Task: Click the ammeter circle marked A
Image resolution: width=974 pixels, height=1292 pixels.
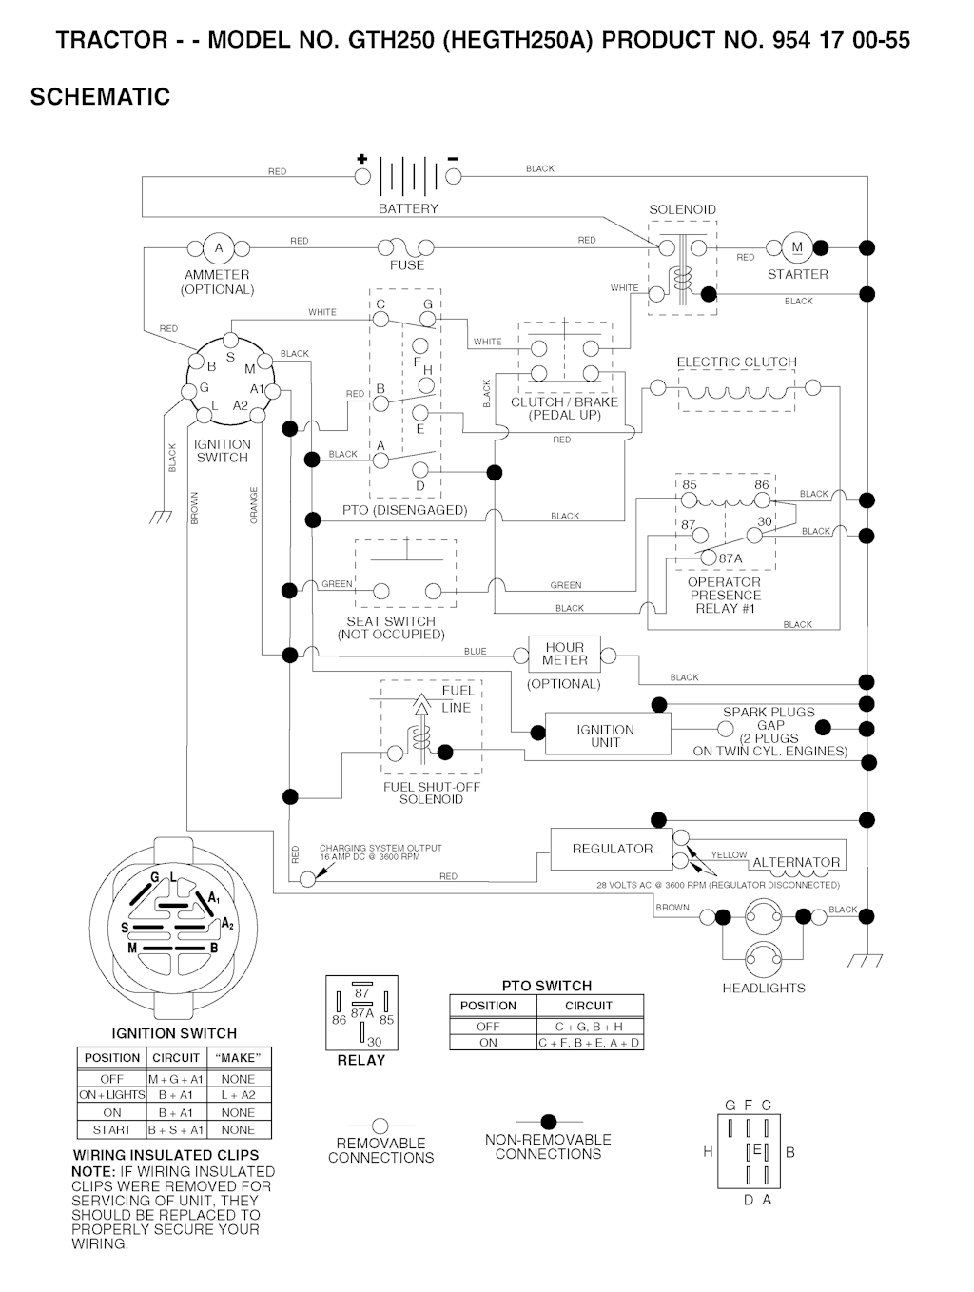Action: [218, 248]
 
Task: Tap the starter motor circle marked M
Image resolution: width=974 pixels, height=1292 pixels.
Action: [797, 247]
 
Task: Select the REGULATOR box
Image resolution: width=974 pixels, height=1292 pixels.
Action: [612, 849]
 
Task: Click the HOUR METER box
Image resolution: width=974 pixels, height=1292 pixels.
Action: [565, 654]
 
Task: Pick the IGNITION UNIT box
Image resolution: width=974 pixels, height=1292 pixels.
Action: [606, 735]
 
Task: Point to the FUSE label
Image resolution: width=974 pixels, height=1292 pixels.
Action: [407, 265]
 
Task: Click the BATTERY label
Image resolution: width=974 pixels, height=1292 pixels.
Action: [408, 208]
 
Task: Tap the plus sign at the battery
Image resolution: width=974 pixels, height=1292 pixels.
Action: [361, 159]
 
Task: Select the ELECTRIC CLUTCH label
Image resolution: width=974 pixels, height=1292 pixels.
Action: [736, 362]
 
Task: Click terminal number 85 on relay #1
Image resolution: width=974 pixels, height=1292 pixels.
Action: [690, 484]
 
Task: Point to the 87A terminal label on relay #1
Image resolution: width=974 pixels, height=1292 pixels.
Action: [730, 558]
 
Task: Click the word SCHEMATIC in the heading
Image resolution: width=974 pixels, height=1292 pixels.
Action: [100, 97]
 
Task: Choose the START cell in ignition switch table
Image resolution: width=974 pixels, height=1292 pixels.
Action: [111, 1130]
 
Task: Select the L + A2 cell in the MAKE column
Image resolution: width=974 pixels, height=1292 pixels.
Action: [238, 1095]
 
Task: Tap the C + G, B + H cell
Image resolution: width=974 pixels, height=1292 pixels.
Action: [589, 1027]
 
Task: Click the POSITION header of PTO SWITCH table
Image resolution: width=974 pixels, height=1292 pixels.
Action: [488, 1006]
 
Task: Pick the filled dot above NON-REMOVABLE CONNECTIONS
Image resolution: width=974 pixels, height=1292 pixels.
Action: [548, 1123]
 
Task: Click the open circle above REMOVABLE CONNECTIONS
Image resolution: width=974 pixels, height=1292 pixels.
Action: [380, 1126]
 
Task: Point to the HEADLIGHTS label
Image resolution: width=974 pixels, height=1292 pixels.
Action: [763, 989]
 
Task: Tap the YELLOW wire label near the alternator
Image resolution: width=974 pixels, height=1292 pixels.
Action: [729, 854]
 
